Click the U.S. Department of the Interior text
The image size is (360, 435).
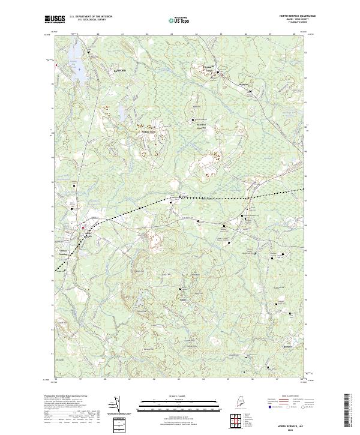point(91,16)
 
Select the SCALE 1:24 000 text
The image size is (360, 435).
point(179,397)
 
